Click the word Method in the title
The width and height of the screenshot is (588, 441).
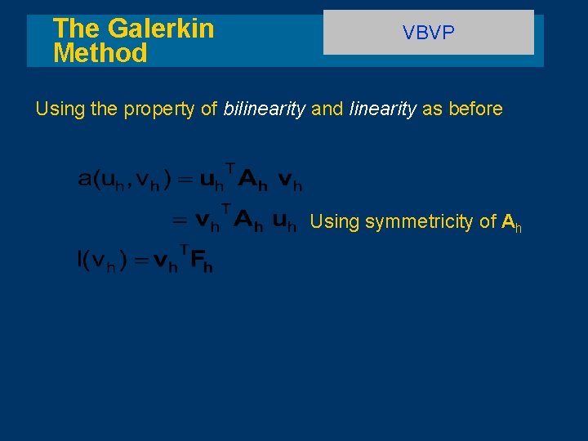(x=100, y=54)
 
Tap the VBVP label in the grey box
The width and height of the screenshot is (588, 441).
(x=428, y=33)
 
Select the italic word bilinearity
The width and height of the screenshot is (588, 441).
(x=265, y=109)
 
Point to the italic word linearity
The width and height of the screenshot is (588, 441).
(x=382, y=109)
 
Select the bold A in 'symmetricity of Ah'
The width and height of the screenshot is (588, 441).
(x=508, y=221)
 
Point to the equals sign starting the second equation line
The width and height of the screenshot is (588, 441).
(x=179, y=221)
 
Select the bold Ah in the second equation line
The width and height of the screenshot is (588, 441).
(x=248, y=221)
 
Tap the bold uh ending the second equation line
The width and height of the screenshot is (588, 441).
(x=283, y=221)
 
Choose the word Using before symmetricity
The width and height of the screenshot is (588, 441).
(x=334, y=222)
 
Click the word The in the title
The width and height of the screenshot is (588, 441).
(x=75, y=29)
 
